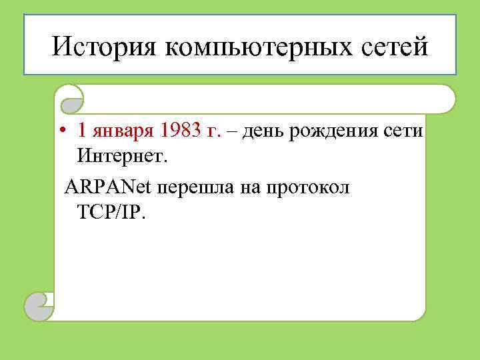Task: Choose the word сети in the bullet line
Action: (x=403, y=131)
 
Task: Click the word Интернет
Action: (x=123, y=157)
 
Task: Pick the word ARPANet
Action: (x=108, y=187)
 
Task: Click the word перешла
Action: (x=193, y=188)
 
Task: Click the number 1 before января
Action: (x=81, y=131)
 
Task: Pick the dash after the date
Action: (x=231, y=131)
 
